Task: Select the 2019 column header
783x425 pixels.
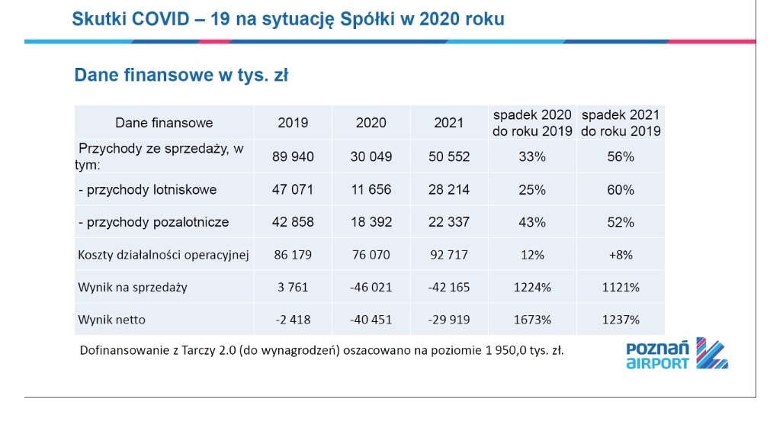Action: (293, 123)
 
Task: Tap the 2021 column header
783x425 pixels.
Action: (448, 123)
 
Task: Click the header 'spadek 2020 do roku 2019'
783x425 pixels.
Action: (532, 123)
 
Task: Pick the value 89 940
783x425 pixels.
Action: (293, 156)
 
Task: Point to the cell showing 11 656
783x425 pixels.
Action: (371, 190)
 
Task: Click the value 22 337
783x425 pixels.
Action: (448, 223)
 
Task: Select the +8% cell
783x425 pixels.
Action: (620, 255)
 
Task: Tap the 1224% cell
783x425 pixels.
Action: (532, 288)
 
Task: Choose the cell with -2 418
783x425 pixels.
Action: (293, 319)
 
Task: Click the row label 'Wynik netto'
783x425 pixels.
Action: (111, 319)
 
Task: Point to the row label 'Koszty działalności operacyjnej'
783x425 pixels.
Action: (164, 255)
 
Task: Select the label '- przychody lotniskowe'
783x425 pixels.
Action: (147, 190)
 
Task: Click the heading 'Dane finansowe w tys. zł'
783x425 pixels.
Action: (180, 76)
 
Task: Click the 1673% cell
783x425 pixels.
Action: (532, 319)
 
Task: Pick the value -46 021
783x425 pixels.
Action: (371, 288)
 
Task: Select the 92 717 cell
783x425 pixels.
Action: (448, 255)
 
